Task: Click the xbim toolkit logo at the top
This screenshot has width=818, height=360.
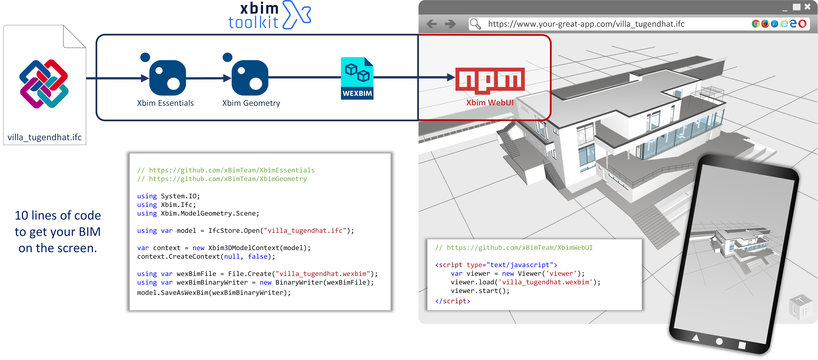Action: pos(269,15)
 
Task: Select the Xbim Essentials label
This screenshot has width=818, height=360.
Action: pos(165,103)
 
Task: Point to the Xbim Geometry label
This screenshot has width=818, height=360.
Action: pos(251,103)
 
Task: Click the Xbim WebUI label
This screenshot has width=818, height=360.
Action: pos(490,103)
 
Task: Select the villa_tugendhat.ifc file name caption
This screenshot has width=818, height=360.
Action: pos(44,137)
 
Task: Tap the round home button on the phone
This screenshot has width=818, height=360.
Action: pos(719,341)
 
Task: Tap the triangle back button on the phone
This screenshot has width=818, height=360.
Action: pos(695,337)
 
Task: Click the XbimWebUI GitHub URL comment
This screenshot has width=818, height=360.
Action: pos(513,248)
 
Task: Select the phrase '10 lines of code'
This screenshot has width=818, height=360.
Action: pos(58,215)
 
